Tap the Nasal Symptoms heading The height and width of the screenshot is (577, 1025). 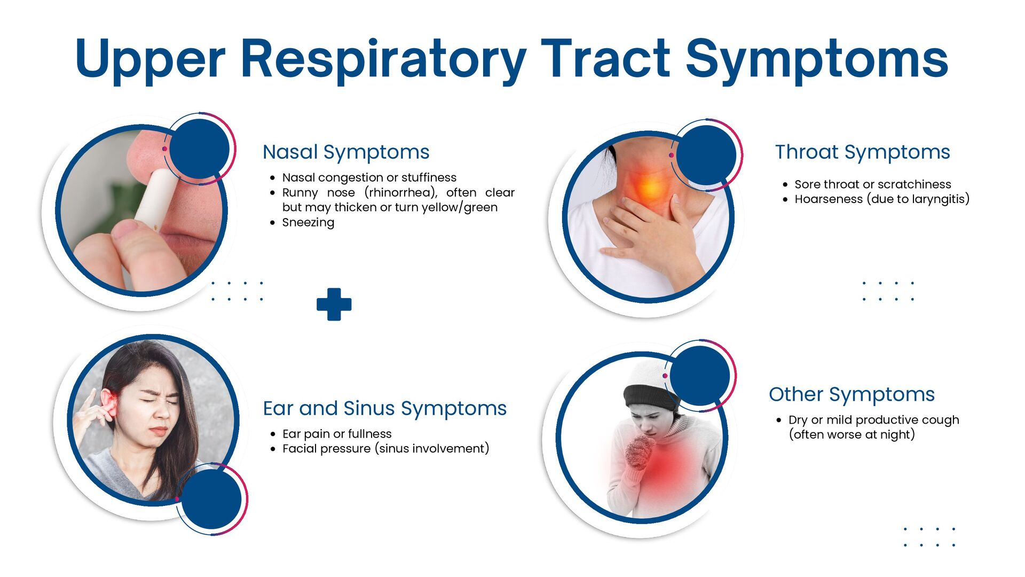(346, 152)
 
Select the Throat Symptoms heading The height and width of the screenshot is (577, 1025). (862, 152)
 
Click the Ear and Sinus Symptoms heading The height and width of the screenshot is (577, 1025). (384, 408)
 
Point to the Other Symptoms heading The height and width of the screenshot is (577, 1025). (851, 394)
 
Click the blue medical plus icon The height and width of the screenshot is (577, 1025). (334, 305)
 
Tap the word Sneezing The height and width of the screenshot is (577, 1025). (308, 222)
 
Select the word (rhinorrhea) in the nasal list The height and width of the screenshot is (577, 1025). (400, 192)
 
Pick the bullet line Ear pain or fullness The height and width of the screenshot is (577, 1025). (337, 434)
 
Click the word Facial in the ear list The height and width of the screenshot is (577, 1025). (299, 449)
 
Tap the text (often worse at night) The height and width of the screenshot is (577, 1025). (852, 435)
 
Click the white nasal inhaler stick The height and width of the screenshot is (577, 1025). (157, 198)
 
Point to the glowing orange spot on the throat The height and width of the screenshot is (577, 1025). (651, 187)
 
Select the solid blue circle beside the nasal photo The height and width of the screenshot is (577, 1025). (199, 149)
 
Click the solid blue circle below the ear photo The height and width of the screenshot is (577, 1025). (211, 499)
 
